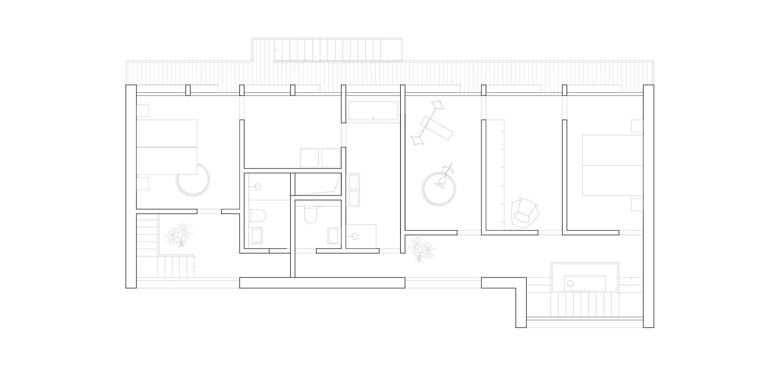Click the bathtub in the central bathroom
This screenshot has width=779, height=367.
[x=373, y=112]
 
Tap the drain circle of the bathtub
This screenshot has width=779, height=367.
[x=373, y=117]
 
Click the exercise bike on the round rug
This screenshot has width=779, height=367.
[x=444, y=178]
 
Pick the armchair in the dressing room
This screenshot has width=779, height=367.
[x=525, y=213]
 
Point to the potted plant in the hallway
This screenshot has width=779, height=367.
[x=421, y=248]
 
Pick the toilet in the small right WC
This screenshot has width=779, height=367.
[x=310, y=214]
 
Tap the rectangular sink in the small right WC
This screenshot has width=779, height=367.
[x=334, y=236]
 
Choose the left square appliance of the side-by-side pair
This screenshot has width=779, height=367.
[x=309, y=157]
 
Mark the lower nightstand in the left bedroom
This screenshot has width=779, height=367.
[x=142, y=184]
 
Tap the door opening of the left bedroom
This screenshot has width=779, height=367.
[x=209, y=211]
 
